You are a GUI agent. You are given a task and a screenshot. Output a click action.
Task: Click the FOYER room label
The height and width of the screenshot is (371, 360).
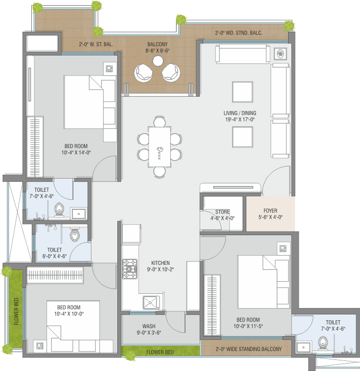(270, 210)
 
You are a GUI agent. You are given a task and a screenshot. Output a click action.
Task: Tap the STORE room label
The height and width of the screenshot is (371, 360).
(222, 211)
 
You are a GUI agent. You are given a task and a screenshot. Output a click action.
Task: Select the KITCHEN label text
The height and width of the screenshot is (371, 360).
(161, 263)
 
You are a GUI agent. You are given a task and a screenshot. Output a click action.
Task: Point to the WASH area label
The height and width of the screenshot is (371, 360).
(149, 326)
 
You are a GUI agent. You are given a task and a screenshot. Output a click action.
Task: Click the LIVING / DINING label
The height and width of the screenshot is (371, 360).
(240, 113)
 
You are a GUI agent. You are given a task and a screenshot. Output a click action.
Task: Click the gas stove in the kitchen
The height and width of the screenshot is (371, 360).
(130, 269)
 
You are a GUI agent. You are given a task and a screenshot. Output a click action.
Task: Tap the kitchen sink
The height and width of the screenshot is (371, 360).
(151, 302)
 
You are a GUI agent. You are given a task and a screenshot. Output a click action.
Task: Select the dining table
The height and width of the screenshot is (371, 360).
(160, 147)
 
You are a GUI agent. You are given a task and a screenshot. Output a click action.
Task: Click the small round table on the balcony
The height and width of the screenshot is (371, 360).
(158, 61)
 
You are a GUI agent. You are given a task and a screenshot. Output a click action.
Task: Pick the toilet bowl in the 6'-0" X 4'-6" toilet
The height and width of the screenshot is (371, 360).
(75, 235)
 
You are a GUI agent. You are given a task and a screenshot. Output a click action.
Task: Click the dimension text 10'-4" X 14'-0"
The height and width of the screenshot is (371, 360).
(76, 152)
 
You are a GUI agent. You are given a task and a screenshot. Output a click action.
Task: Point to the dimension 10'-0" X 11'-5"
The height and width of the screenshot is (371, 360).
(248, 326)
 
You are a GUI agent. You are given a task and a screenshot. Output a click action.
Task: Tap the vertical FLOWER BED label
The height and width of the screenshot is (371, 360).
(16, 311)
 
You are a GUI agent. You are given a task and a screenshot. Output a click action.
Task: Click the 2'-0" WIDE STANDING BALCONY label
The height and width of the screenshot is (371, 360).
(248, 349)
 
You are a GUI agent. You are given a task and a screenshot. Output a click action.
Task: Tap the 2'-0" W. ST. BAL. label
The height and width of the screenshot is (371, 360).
(96, 44)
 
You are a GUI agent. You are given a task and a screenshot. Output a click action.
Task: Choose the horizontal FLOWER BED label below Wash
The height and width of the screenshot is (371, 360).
(160, 352)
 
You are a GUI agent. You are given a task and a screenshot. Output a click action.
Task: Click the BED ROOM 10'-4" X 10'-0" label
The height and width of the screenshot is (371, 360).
(69, 310)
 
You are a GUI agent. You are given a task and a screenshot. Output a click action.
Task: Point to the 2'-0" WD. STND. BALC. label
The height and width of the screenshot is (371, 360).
(239, 33)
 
